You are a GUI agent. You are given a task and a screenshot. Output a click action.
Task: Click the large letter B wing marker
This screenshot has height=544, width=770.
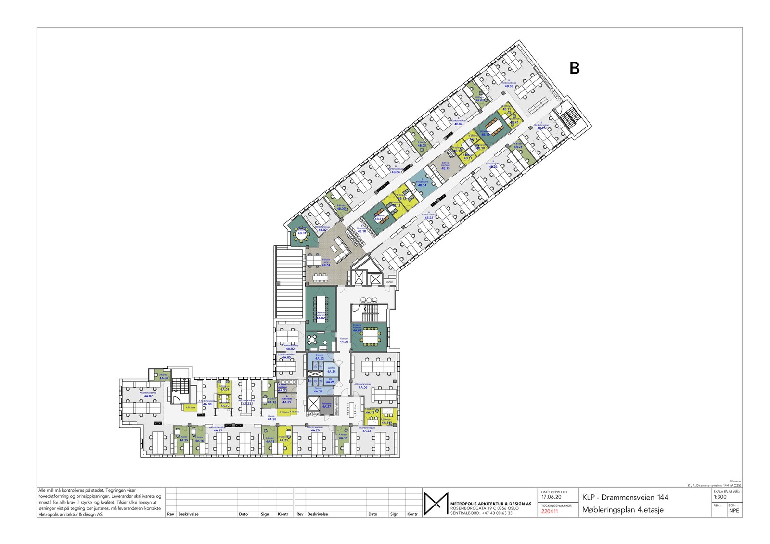point(574,69)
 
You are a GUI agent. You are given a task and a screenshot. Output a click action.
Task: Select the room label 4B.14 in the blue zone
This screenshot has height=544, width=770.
point(422,185)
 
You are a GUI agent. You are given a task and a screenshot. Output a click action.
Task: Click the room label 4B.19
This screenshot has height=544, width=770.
point(486,135)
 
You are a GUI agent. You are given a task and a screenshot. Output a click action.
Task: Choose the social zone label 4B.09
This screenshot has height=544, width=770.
point(326,265)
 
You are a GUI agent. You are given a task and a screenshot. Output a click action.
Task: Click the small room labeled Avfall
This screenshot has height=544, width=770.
point(389,282)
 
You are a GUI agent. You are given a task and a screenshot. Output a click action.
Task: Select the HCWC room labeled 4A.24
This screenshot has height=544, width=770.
point(331,371)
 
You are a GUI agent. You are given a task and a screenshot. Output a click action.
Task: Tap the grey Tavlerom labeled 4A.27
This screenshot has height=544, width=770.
point(327,406)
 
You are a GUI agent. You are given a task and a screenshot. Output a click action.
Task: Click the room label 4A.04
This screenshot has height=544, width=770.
point(164,378)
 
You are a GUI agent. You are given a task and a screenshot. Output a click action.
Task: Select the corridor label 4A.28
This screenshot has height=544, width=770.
point(271,419)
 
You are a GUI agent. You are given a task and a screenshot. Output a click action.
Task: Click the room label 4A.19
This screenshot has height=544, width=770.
point(343,438)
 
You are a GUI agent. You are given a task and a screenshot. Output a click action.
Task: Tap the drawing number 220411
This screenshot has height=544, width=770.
point(550,511)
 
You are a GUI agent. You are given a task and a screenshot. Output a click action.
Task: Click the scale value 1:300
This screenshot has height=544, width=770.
point(720,497)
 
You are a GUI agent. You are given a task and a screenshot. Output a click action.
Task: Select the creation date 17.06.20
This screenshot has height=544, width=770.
point(551,497)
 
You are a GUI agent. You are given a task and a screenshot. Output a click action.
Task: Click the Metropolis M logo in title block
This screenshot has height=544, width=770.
point(436,503)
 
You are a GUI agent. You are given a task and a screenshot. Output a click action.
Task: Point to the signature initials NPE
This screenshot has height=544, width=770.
point(733,511)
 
